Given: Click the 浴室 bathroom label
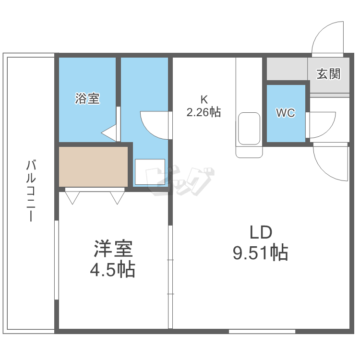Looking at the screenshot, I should (x=87, y=99).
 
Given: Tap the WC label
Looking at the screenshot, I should (x=285, y=113).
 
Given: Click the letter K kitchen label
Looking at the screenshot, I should (x=204, y=100).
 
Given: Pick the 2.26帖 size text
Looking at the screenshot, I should (x=204, y=113).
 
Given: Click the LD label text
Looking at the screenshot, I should (x=260, y=232).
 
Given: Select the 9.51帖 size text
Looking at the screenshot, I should (x=260, y=252).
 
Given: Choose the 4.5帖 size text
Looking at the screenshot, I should (x=112, y=269).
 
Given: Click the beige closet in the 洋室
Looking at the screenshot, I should (x=94, y=166).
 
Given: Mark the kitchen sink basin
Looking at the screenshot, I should (x=249, y=129).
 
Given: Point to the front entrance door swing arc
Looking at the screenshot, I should (x=328, y=38).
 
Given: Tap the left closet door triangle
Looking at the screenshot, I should (x=72, y=197).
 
